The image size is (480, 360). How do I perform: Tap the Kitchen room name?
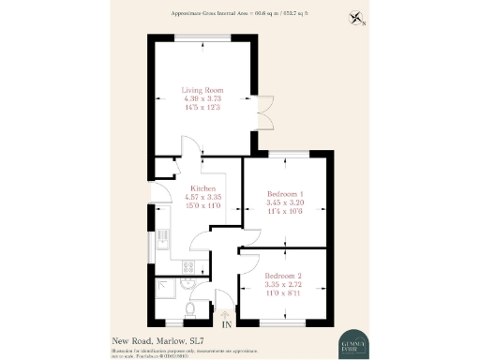point(204,187)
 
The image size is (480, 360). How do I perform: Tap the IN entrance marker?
point(224,322)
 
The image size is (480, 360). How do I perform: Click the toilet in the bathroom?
point(190,308)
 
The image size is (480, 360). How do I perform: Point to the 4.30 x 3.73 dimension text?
point(202,99)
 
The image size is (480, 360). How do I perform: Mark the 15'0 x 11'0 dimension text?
point(204,204)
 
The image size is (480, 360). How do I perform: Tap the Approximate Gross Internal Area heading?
point(240,12)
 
